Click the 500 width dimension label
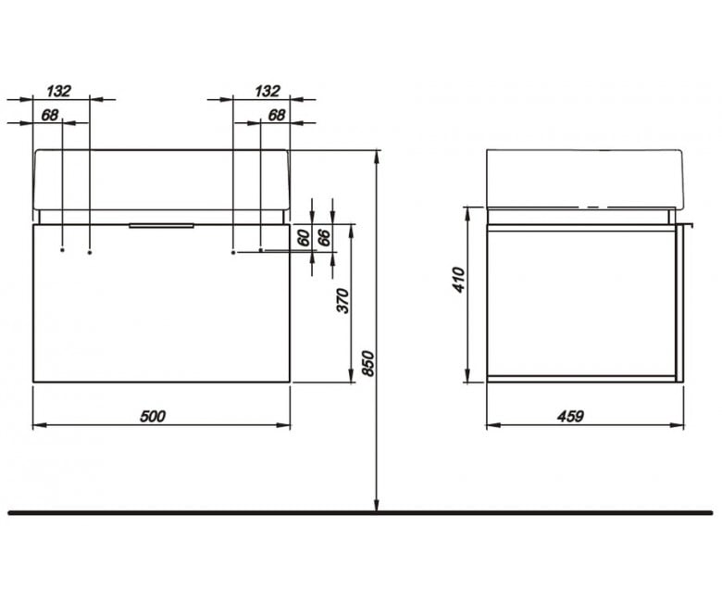click(x=153, y=417)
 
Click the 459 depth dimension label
click(x=570, y=417)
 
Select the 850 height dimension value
click(x=367, y=363)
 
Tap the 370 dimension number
click(x=343, y=301)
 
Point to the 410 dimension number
click(x=459, y=280)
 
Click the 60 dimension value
click(x=304, y=238)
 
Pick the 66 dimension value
click(x=324, y=238)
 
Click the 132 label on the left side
click(x=59, y=91)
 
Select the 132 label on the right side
click(x=268, y=91)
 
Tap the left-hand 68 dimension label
click(x=50, y=115)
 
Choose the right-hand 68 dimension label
click(x=276, y=115)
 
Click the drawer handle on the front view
click(x=161, y=226)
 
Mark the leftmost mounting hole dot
click(x=62, y=250)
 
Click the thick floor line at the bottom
click(x=361, y=513)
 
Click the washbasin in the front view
click(x=161, y=180)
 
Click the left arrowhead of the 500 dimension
click(x=40, y=425)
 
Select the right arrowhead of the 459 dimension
click(x=677, y=425)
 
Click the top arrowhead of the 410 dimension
click(x=467, y=214)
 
